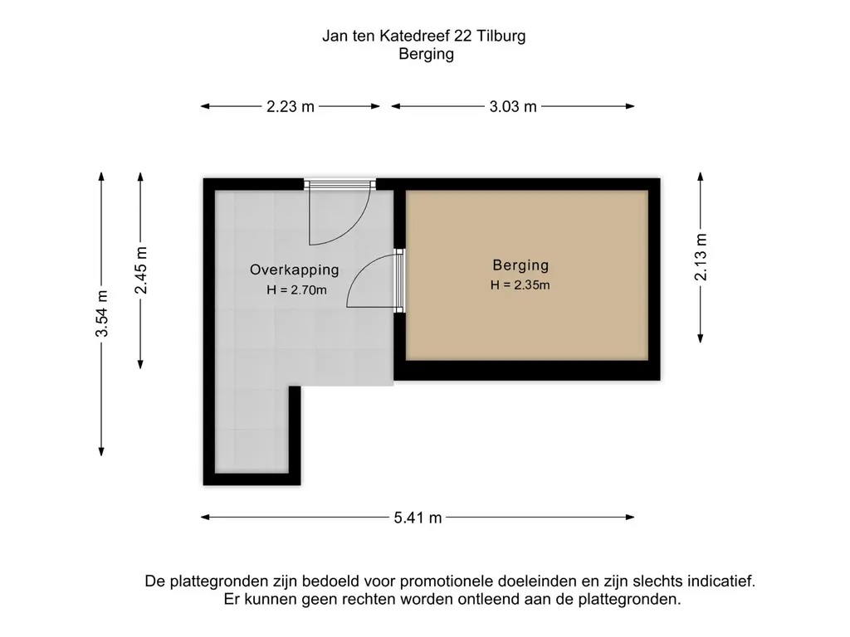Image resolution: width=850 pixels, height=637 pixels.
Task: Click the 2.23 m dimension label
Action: coord(290,106)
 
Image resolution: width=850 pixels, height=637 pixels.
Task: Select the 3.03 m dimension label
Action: coord(513,106)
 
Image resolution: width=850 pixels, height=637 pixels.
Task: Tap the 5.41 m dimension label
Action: coord(418,518)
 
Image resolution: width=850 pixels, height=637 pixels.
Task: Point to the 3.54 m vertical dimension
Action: coord(101,314)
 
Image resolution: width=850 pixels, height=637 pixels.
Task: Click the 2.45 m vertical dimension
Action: coord(140,270)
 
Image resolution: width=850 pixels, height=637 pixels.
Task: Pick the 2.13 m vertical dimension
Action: coord(701,257)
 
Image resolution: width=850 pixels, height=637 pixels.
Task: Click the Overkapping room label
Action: coord(295,270)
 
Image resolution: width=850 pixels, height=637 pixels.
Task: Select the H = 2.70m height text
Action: coord(296,289)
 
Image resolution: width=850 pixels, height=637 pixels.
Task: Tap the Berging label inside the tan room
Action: coord(520,265)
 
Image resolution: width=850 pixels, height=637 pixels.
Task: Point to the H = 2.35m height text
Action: coord(520,285)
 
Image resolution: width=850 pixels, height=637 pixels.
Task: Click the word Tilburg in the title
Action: coord(501,36)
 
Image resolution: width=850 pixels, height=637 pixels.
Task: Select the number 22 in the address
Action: coord(462,36)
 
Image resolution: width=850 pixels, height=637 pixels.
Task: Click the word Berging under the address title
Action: coord(426,54)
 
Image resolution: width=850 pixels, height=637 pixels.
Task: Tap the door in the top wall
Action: coord(340,212)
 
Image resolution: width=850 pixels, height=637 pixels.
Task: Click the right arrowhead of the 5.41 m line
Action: coord(630,518)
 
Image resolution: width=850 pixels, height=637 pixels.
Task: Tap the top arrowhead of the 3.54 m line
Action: coord(101,177)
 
